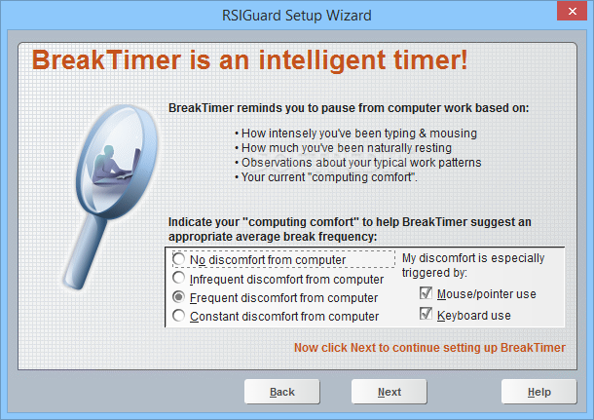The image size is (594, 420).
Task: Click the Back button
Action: pyautogui.click(x=281, y=392)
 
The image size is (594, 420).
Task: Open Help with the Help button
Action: pyautogui.click(x=539, y=392)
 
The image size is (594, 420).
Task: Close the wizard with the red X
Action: pyautogui.click(x=572, y=11)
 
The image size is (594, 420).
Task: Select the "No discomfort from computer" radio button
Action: pyautogui.click(x=178, y=259)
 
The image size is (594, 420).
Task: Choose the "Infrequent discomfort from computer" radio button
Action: pyautogui.click(x=178, y=278)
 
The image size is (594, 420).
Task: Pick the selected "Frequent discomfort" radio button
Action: pyautogui.click(x=178, y=297)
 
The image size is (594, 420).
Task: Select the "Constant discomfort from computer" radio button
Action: pyautogui.click(x=178, y=316)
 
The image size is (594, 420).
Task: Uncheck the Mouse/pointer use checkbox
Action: pyautogui.click(x=426, y=293)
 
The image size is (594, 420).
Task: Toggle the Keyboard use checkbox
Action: pyautogui.click(x=426, y=314)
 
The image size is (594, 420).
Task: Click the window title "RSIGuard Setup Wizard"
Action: pyautogui.click(x=297, y=16)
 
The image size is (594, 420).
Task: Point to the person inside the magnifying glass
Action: pyautogui.click(x=113, y=165)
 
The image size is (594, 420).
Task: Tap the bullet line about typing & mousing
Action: pyautogui.click(x=355, y=134)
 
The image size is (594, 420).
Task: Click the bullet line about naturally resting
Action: pyautogui.click(x=343, y=148)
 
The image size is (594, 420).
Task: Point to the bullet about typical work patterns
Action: pyautogui.click(x=358, y=163)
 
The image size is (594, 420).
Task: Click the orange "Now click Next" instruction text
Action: pyautogui.click(x=429, y=348)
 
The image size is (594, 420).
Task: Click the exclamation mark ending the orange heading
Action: pyautogui.click(x=464, y=59)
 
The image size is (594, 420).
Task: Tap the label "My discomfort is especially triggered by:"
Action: pyautogui.click(x=473, y=265)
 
